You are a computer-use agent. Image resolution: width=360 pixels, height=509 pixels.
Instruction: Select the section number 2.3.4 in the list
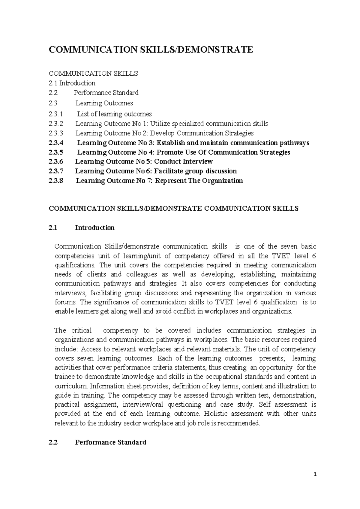(56, 143)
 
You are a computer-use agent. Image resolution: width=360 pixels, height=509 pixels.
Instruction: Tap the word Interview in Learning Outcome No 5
(197, 161)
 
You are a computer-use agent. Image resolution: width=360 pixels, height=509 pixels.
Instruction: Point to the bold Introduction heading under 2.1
(94, 227)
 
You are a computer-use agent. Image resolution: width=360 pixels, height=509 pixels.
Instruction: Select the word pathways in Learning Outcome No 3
(293, 143)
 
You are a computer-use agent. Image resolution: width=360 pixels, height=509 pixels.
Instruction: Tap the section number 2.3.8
(56, 181)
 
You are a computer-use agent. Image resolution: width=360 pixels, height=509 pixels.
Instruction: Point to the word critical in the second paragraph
(81, 330)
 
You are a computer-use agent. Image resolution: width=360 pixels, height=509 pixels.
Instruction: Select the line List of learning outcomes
(114, 114)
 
